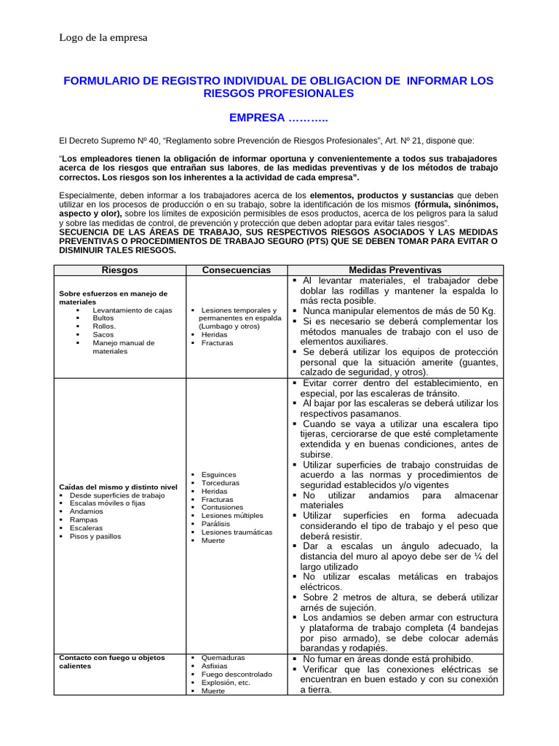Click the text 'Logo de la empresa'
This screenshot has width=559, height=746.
tap(103, 38)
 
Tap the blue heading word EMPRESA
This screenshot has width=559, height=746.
tap(257, 117)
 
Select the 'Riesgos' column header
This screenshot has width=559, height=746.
tap(120, 270)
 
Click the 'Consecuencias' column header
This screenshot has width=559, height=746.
tap(237, 270)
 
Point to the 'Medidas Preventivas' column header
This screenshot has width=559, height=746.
tap(395, 270)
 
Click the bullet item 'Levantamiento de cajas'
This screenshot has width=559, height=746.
tap(132, 310)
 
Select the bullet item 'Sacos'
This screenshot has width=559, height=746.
tap(103, 334)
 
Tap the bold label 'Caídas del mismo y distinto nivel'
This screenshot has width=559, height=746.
tap(118, 486)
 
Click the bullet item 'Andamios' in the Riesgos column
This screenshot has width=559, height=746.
tap(86, 511)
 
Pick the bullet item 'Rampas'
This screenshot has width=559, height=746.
tap(84, 520)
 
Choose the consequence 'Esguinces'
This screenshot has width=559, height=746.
tap(218, 474)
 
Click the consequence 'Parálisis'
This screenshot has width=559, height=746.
tap(216, 523)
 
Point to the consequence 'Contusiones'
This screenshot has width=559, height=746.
tap(222, 507)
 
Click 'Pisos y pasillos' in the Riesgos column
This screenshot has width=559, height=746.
tap(95, 536)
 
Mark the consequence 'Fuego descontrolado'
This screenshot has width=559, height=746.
tap(237, 675)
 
